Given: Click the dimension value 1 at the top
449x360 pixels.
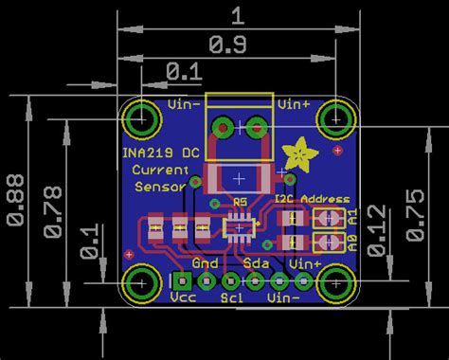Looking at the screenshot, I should [237, 14].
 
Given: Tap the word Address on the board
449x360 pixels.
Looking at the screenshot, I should [326, 200].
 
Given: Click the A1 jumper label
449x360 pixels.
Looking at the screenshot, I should [352, 218].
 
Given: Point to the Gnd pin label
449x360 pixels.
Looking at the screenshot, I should [205, 262].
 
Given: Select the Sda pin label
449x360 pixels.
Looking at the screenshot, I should [254, 262].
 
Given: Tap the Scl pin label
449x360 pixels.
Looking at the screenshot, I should [231, 297].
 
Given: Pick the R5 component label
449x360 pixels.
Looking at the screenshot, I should [239, 201].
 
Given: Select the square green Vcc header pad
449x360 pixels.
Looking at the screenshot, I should [182, 280].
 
